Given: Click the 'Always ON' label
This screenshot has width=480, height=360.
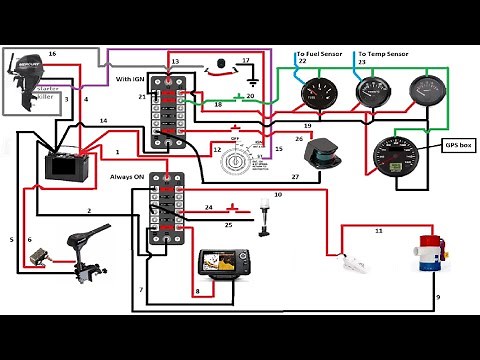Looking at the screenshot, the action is tap(128, 176).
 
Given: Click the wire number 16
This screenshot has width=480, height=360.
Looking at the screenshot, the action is tap(52, 51).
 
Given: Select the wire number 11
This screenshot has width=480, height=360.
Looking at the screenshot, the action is tap(378, 230).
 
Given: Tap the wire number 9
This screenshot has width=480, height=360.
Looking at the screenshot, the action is tap(437, 298).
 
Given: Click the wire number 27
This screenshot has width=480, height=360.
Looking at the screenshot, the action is tap(295, 176).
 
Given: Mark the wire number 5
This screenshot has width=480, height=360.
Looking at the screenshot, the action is tap(12, 240).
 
